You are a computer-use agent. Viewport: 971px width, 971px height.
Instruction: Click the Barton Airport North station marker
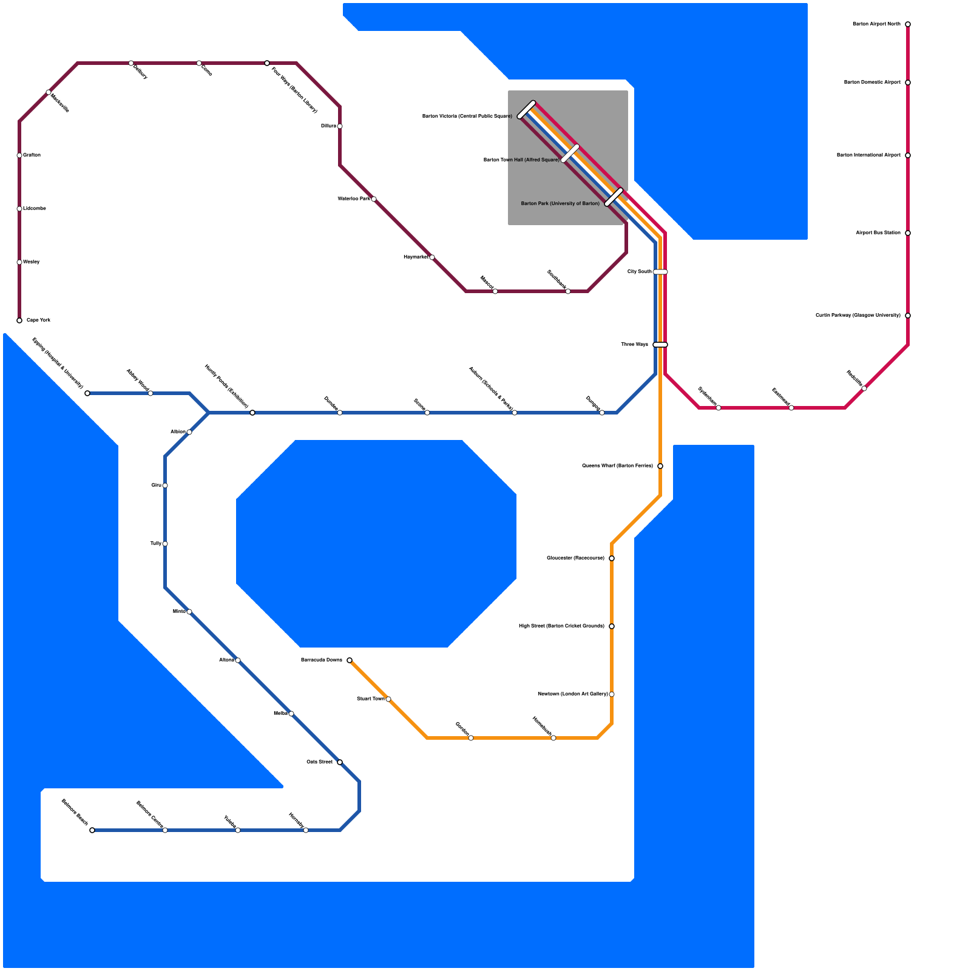[907, 24]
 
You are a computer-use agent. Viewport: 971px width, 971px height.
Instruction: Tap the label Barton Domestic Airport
[872, 83]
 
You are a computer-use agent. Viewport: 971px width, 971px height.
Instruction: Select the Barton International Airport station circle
[907, 155]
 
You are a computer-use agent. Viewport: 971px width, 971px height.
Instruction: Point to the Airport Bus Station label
[878, 233]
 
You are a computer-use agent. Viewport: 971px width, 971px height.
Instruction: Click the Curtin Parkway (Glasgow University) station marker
[907, 316]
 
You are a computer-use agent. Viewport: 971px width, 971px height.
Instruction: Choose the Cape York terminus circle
[19, 320]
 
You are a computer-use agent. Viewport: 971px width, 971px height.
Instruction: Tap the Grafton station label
[32, 155]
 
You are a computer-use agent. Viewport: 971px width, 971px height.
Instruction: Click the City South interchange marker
[660, 272]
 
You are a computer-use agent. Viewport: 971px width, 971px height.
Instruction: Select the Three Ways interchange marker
[660, 345]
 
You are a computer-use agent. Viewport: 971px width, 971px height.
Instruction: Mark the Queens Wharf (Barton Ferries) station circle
[660, 466]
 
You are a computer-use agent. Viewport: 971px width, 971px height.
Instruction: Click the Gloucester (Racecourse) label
[575, 558]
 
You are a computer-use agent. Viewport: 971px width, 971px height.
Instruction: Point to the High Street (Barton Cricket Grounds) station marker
[611, 626]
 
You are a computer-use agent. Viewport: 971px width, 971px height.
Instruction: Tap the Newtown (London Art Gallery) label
[572, 694]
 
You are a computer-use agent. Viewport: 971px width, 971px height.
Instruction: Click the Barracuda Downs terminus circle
[350, 660]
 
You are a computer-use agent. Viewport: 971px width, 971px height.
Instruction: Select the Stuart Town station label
[370, 699]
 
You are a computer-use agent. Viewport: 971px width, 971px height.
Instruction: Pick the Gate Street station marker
[339, 762]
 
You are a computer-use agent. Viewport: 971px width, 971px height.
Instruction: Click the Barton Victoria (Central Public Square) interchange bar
[526, 109]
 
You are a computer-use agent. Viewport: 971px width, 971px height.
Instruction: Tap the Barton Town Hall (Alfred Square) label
[521, 160]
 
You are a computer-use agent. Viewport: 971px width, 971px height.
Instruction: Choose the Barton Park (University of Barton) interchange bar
[614, 197]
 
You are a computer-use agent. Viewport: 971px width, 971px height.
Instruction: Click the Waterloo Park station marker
[373, 199]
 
